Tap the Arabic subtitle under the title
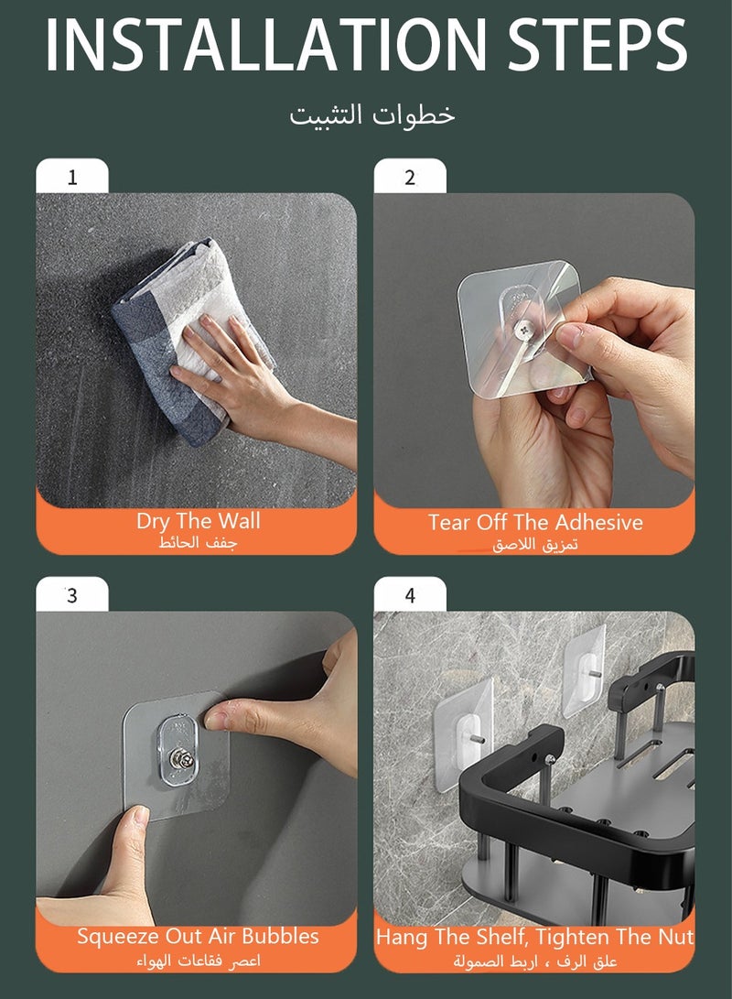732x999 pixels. click(x=372, y=114)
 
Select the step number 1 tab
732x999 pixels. click(x=72, y=177)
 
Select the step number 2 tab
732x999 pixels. click(x=410, y=177)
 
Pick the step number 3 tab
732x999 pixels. click(x=72, y=595)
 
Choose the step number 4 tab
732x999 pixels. click(x=410, y=595)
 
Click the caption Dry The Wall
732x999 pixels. click(x=198, y=521)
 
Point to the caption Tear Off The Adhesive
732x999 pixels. click(x=535, y=523)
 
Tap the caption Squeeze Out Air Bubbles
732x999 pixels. click(x=198, y=936)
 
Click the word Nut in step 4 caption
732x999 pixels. click(x=678, y=937)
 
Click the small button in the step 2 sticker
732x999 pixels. click(x=525, y=329)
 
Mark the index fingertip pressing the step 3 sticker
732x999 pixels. click(x=215, y=720)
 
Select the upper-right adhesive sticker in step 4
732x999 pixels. click(x=585, y=671)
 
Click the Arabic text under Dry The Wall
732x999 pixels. click(x=198, y=544)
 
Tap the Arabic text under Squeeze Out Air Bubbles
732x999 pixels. click(x=198, y=961)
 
